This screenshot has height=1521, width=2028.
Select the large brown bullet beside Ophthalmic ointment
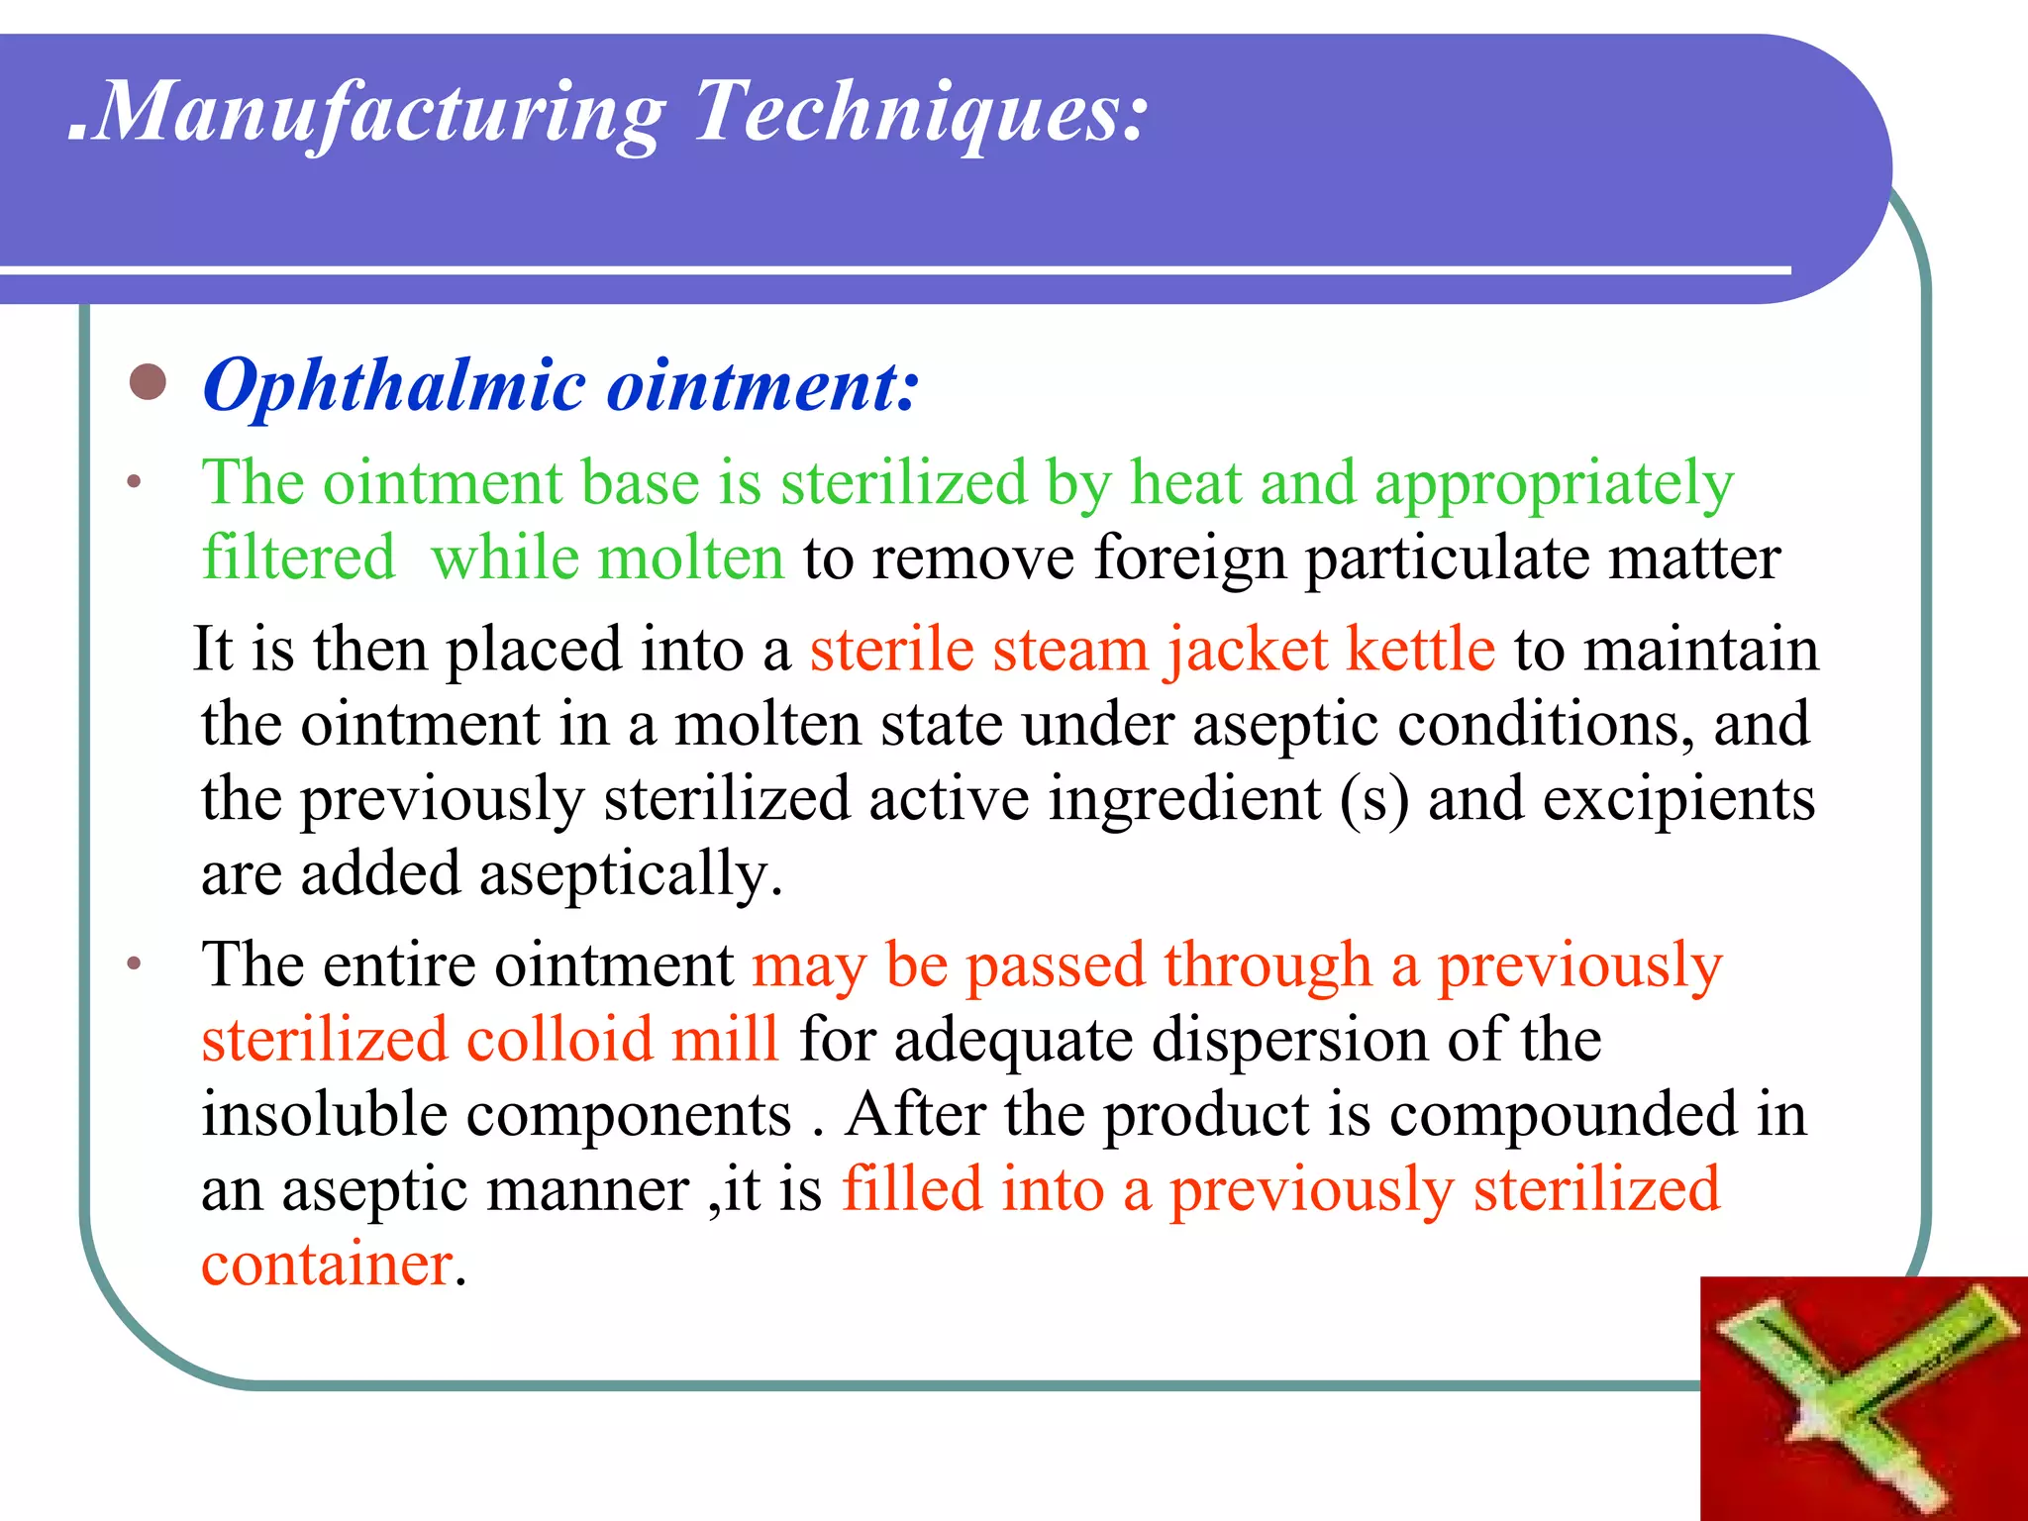[149, 382]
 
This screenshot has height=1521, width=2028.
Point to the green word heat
[1185, 483]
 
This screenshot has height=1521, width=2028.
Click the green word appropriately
[1554, 485]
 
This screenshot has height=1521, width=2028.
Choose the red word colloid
[558, 1040]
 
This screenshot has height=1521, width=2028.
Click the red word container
[327, 1265]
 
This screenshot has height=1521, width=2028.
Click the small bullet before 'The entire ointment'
[135, 963]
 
